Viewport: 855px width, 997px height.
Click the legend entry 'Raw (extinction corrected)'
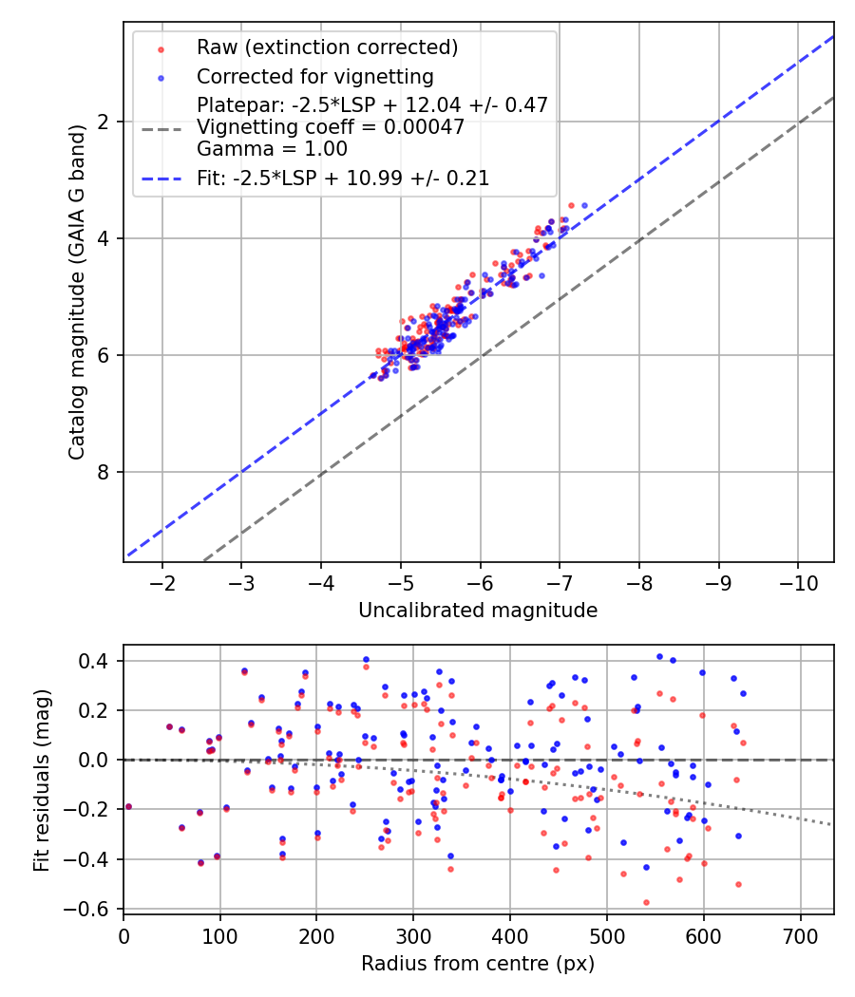click(x=327, y=47)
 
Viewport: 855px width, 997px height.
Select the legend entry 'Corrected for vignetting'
click(x=314, y=76)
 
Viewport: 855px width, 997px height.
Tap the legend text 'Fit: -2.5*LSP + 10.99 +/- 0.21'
click(x=343, y=178)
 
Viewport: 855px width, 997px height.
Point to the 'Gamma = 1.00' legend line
click(x=272, y=148)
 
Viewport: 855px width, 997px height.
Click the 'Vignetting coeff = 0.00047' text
click(x=331, y=127)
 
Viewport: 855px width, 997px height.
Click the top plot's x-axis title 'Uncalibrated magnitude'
click(x=478, y=611)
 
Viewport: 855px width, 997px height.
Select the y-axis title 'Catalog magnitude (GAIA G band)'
click(x=78, y=292)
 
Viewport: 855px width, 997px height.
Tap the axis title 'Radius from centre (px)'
click(x=478, y=964)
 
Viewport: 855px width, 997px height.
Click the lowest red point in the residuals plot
click(x=646, y=902)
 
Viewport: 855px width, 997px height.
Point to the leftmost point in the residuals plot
click(x=128, y=806)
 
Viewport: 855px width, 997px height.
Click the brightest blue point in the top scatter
click(x=584, y=205)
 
